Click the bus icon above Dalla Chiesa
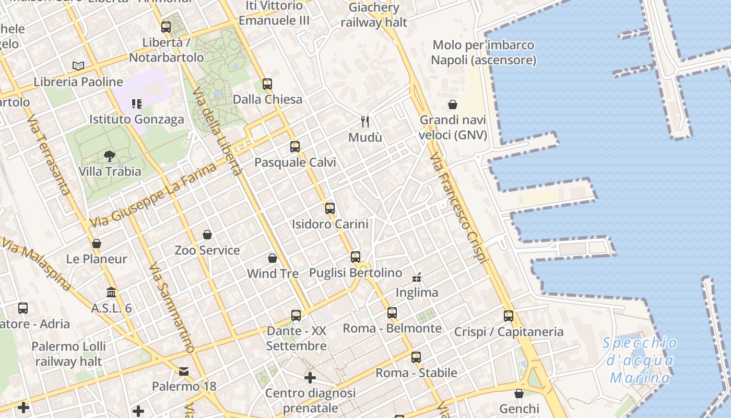(267, 84)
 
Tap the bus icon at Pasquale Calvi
(295, 147)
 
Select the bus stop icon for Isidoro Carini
(330, 208)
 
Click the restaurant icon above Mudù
(365, 122)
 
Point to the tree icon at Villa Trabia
(110, 156)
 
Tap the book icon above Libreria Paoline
(78, 66)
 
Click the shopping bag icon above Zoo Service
(207, 235)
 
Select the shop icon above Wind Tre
(273, 258)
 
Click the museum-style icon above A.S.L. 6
(111, 292)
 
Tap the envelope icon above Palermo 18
(184, 371)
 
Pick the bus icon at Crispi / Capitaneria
(509, 316)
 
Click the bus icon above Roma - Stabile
(416, 357)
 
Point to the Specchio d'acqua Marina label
(640, 361)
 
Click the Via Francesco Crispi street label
(459, 208)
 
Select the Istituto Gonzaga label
(137, 119)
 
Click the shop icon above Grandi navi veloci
(453, 105)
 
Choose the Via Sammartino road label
(172, 308)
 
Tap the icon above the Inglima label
(417, 277)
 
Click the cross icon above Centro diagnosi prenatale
(310, 377)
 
